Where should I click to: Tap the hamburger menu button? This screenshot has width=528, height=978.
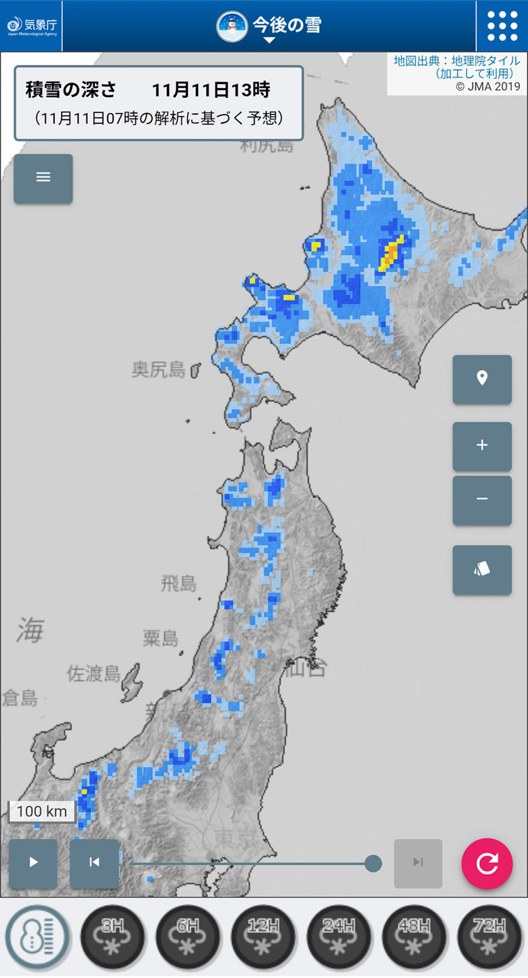(43, 178)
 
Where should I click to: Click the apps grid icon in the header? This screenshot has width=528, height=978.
(502, 26)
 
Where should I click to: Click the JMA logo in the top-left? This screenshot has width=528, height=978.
(31, 26)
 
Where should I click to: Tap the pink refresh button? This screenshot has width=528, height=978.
(487, 863)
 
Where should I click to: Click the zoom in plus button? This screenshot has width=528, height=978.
(482, 445)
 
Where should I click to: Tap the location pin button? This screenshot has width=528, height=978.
(482, 378)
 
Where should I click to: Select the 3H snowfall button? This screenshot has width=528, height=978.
(112, 938)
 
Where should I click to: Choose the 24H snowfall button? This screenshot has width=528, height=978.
(339, 938)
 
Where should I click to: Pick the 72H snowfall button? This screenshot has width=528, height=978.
(490, 938)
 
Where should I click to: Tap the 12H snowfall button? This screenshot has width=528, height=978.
(264, 938)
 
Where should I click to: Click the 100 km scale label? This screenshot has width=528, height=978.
(42, 811)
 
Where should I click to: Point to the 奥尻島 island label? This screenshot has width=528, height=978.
(159, 371)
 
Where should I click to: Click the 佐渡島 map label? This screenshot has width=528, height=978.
(94, 673)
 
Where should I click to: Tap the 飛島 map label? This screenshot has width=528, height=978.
(178, 585)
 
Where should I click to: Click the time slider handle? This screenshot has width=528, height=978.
(373, 863)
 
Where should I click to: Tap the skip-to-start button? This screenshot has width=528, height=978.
(94, 863)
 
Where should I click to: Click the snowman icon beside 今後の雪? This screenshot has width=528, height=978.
(232, 26)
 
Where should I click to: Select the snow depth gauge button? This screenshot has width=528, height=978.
(37, 938)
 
